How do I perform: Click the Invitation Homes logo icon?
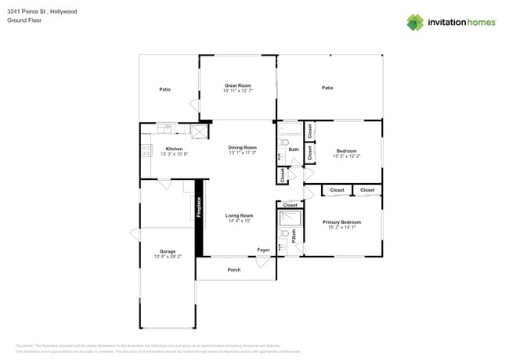click(x=415, y=22)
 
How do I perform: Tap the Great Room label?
click(x=237, y=85)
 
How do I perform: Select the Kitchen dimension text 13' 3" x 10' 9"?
click(x=174, y=154)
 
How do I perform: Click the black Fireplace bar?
click(x=199, y=217)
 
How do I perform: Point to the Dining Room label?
click(x=242, y=148)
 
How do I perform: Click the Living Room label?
click(x=239, y=215)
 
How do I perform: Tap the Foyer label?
click(x=263, y=250)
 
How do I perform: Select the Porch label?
click(x=234, y=270)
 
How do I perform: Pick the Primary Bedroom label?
click(x=341, y=222)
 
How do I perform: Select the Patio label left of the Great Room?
click(x=165, y=89)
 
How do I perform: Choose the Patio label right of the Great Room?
click(x=327, y=88)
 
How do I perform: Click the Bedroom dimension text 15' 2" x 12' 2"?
click(x=346, y=157)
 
